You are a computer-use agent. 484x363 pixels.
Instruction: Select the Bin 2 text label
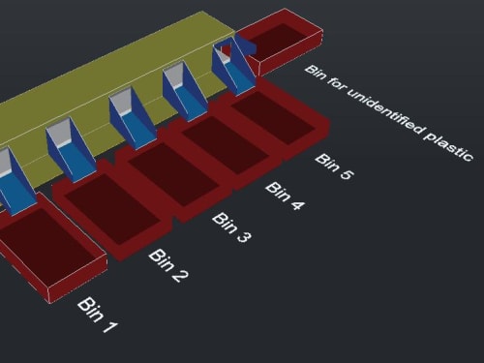pyautogui.click(x=168, y=265)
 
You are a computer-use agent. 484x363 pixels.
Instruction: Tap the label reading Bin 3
pyautogui.click(x=231, y=227)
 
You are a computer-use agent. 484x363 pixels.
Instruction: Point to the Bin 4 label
pyautogui.click(x=285, y=197)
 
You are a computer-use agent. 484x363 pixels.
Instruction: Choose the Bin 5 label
pyautogui.click(x=334, y=166)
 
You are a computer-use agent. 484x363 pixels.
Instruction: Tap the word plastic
pyautogui.click(x=448, y=144)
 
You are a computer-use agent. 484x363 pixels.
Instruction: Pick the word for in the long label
pyautogui.click(x=336, y=83)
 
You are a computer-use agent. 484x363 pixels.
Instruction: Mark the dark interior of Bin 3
pyautogui.click(x=173, y=174)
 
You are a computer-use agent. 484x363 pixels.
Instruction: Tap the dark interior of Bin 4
pyautogui.click(x=226, y=145)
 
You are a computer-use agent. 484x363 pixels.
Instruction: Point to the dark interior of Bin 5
pyautogui.click(x=273, y=118)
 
